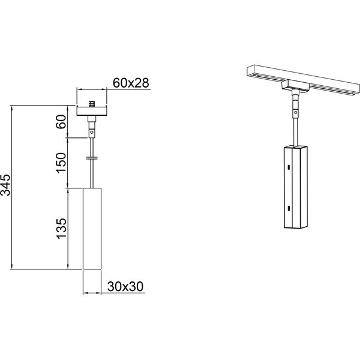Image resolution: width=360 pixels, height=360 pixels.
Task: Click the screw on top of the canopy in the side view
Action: pos(92,104)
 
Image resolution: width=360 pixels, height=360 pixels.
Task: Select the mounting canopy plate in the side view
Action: pos(92,111)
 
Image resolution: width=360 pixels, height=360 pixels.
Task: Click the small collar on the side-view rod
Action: pos(92,159)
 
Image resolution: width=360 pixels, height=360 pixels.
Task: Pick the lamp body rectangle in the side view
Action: pos(92,228)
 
